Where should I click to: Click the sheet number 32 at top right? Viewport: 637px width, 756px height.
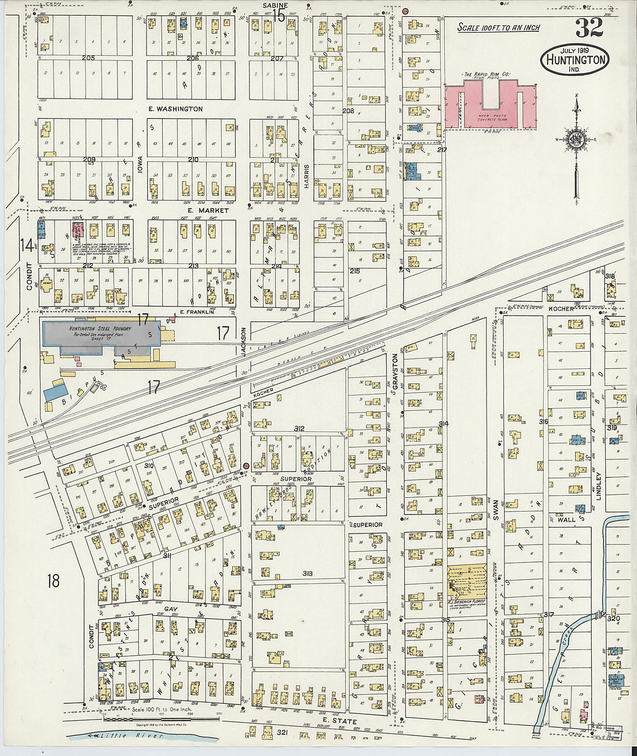click(589, 27)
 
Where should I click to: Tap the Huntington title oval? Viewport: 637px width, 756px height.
click(575, 60)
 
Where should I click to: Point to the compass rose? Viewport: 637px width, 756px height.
click(576, 140)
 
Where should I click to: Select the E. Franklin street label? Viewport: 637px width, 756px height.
click(197, 312)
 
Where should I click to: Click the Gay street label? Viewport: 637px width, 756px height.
click(170, 609)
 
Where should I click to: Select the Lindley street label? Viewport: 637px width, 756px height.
click(599, 485)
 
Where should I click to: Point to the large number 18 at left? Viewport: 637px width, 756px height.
click(53, 580)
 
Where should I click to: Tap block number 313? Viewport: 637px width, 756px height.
click(307, 574)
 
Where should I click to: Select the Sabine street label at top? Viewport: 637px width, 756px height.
click(275, 5)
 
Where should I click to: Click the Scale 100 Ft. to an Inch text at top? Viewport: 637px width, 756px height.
click(498, 27)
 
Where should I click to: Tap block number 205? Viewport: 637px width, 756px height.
click(89, 58)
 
